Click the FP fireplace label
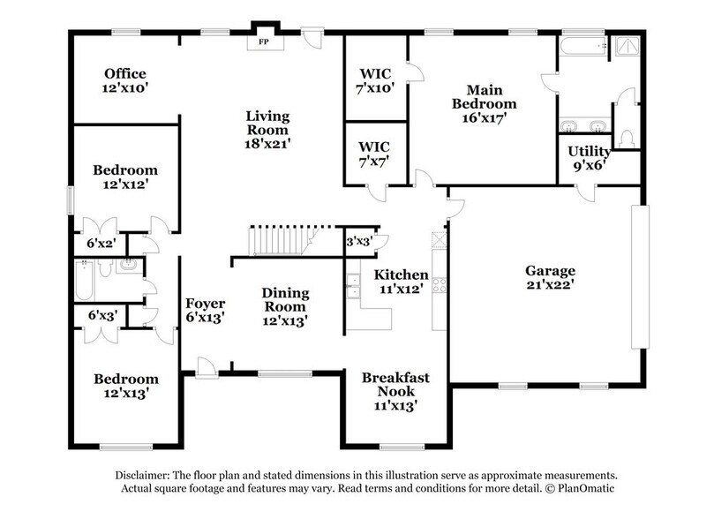tap(262, 41)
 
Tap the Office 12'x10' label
tap(124, 80)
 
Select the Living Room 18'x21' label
tap(267, 128)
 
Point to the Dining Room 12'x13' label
tap(284, 307)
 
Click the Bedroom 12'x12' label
tap(126, 177)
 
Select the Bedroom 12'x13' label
tap(126, 386)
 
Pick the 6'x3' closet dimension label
tap(102, 314)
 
